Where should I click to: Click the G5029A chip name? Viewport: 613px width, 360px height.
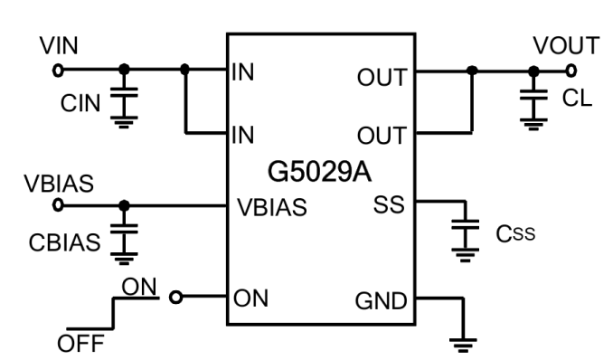pos(319,172)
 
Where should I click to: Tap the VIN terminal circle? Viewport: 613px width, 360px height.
pos(58,71)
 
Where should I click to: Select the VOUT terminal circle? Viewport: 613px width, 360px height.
pos(571,71)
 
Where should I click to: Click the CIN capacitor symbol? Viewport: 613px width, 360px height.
pos(124,92)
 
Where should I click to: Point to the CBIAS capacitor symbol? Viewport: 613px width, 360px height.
pos(124,229)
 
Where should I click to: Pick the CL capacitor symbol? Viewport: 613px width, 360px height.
pos(533,95)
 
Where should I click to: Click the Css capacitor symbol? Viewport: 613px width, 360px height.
pos(466,224)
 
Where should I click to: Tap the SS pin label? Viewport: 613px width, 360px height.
pos(389,204)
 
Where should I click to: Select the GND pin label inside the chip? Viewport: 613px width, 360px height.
pos(382,301)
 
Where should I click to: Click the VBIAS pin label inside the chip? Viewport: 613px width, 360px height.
pos(272,207)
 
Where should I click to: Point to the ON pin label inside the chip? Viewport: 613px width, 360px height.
pos(250,298)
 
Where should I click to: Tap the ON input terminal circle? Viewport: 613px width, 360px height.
pos(176,298)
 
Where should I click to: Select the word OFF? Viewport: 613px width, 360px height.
pos(80,344)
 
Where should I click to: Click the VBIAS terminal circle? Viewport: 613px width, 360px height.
pos(58,205)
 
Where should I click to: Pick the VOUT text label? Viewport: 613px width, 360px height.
pos(567,46)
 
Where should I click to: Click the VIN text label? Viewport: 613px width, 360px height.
pos(59,46)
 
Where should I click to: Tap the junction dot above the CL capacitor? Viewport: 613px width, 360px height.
pos(533,71)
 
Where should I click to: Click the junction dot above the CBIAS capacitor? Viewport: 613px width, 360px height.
pos(124,205)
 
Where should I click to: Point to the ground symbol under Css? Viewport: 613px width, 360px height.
pos(466,255)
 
